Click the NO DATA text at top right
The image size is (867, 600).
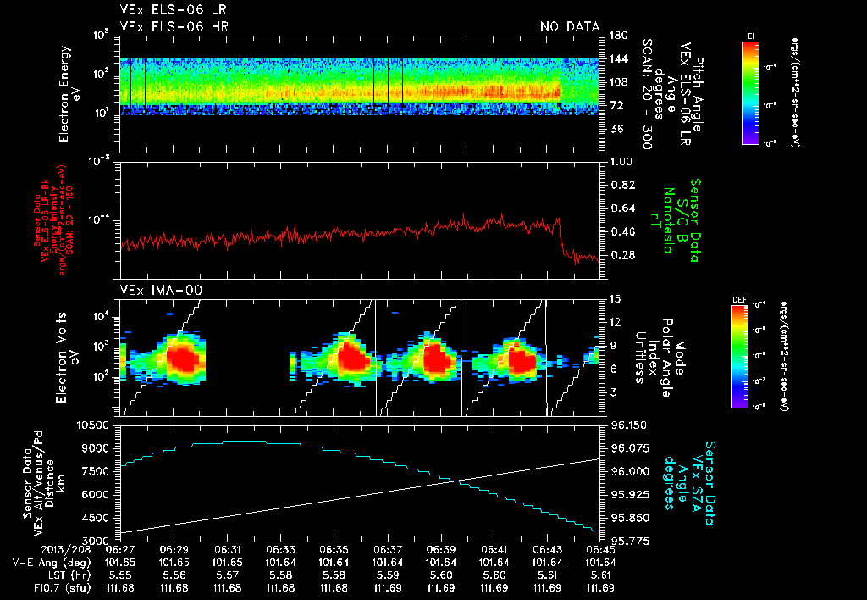point(570,27)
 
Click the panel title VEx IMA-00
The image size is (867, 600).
point(160,290)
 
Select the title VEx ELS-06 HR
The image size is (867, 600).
point(174,27)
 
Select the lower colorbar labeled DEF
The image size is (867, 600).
point(739,356)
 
